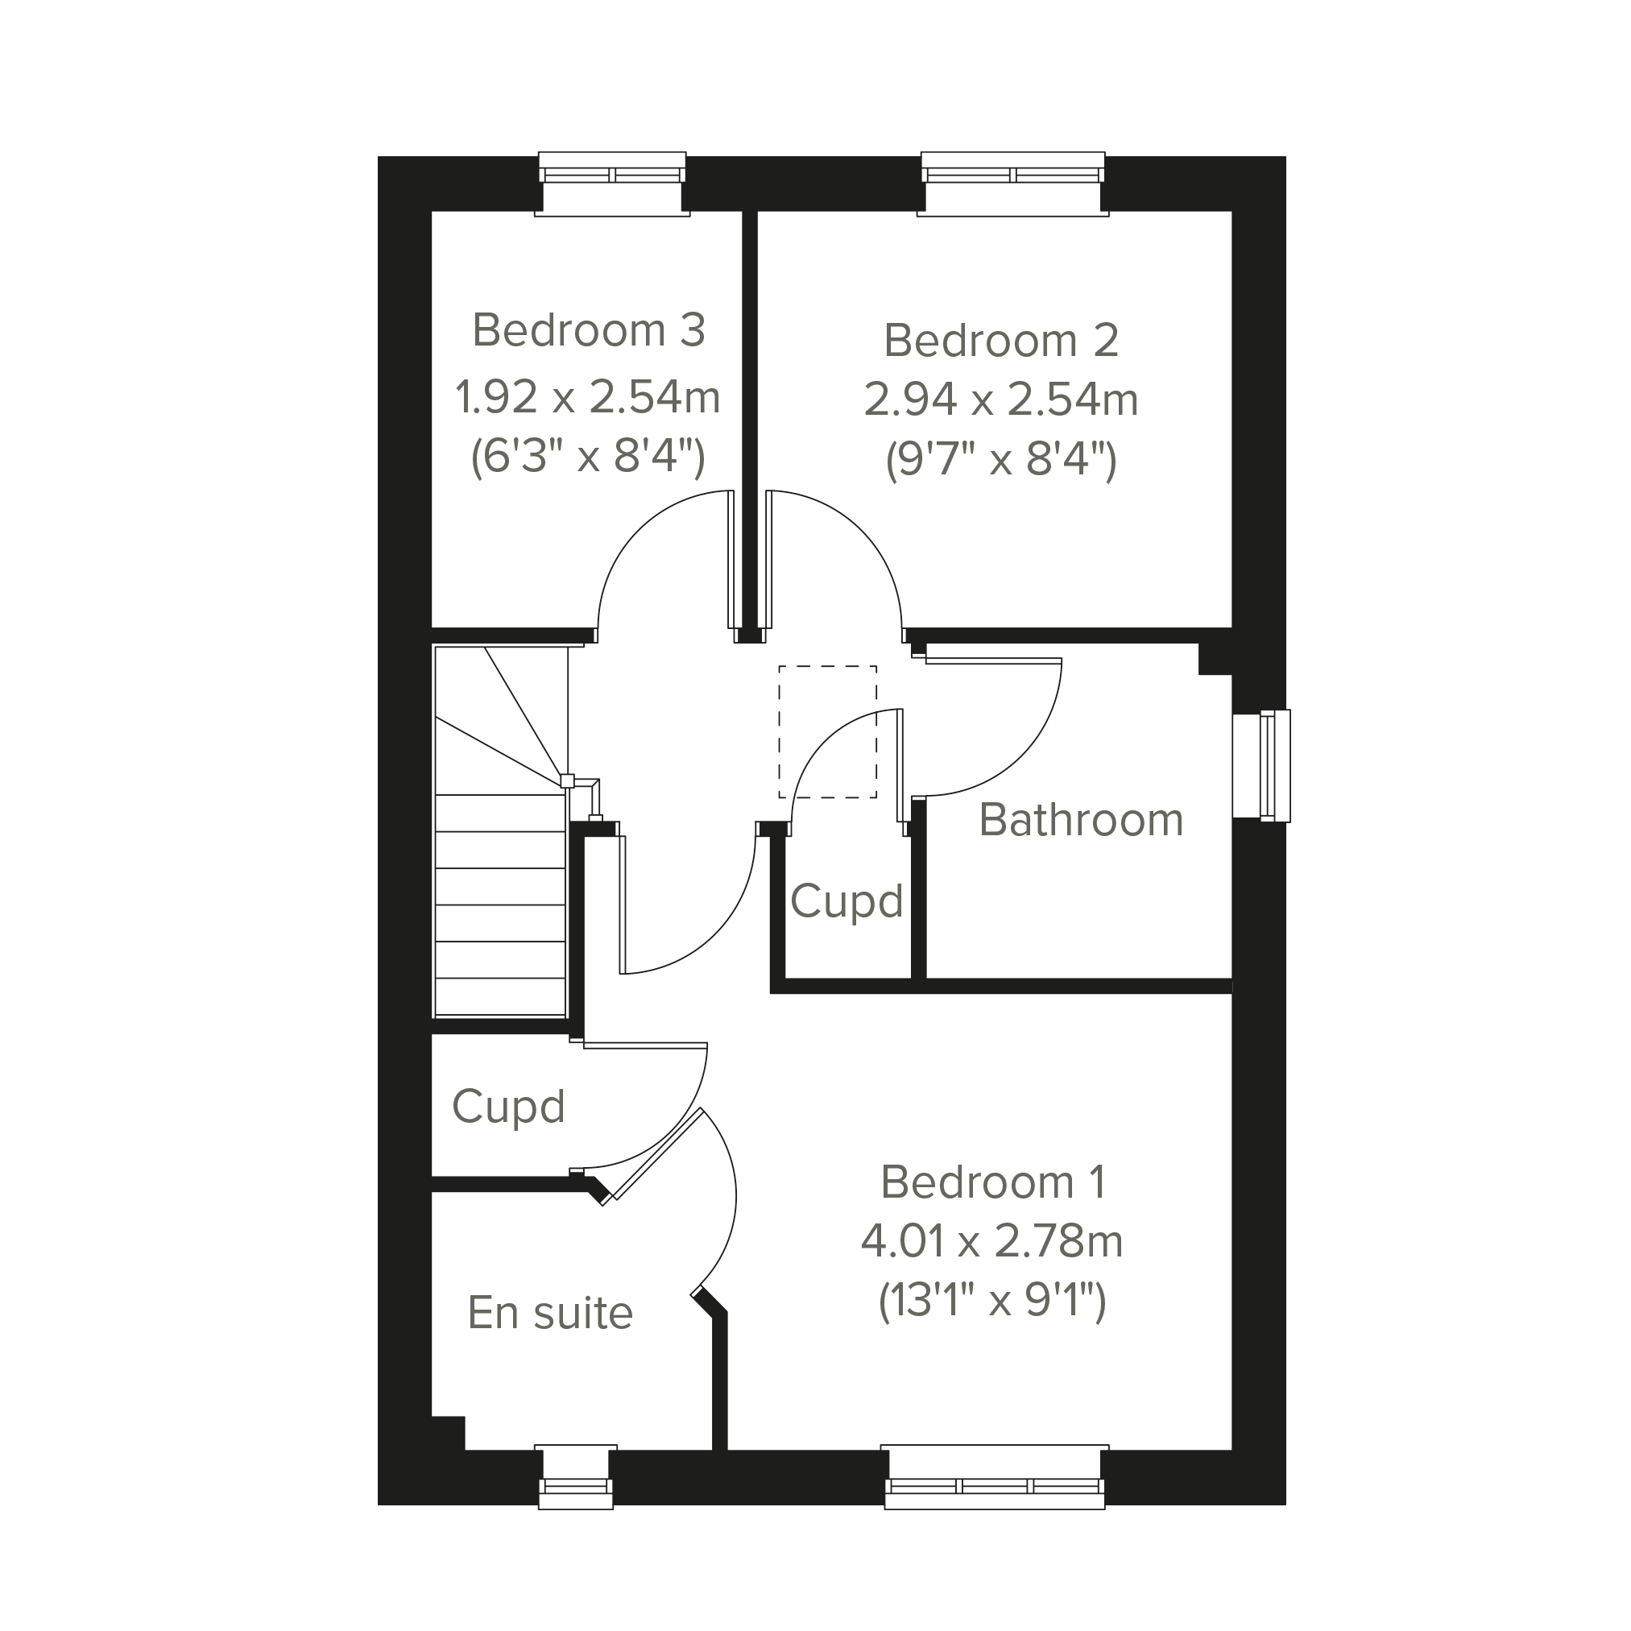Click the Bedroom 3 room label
point(589,329)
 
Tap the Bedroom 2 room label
point(1001,340)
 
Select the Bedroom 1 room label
point(993,1181)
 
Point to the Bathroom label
point(1082,819)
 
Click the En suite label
point(550,1312)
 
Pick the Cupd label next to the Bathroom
point(847,902)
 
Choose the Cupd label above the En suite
point(508,1107)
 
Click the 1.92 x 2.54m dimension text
point(588,397)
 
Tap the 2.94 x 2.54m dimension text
point(1001,399)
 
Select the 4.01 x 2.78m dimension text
point(993,1241)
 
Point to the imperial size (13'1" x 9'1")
point(993,1301)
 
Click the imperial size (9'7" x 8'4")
point(1001,460)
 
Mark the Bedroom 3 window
point(612,183)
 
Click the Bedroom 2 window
point(1013,183)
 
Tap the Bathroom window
point(1261,766)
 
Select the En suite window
point(576,1476)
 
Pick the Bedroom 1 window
point(995,1476)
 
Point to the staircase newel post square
point(567,781)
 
